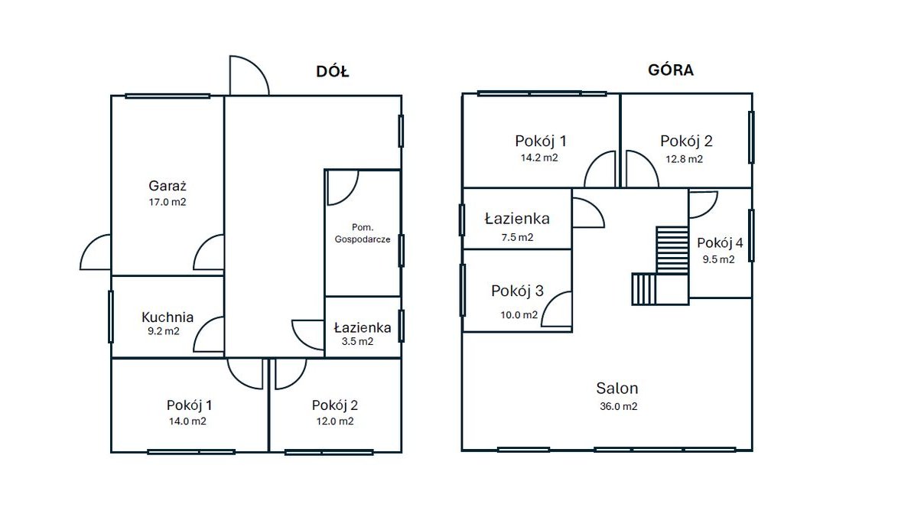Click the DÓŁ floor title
click(x=332, y=71)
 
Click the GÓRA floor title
click(x=671, y=70)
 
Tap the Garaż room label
click(x=168, y=186)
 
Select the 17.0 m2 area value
click(x=168, y=202)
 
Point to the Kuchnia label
click(x=168, y=317)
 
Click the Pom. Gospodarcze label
click(x=363, y=233)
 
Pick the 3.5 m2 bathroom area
click(x=357, y=341)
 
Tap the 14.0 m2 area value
click(x=187, y=421)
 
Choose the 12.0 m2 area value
click(x=335, y=421)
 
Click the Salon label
click(x=617, y=388)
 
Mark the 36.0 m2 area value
click(x=618, y=406)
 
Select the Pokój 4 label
click(x=720, y=242)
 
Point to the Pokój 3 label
click(x=517, y=291)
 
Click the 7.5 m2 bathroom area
click(x=517, y=237)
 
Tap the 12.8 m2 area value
click(x=684, y=158)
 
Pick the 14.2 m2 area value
click(x=539, y=158)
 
